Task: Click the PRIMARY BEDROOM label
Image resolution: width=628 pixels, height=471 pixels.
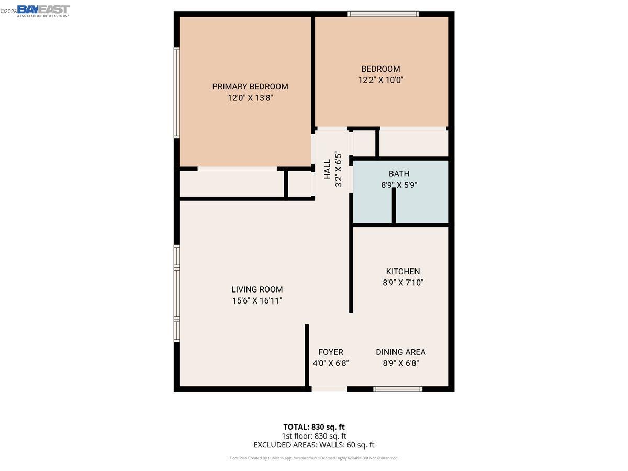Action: click(250, 86)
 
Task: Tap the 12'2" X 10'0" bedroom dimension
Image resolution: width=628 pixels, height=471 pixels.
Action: click(380, 80)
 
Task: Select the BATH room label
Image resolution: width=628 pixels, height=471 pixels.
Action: click(399, 174)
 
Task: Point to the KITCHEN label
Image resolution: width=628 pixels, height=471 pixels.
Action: click(402, 271)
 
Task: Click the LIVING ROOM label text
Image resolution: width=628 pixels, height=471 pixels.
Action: click(257, 289)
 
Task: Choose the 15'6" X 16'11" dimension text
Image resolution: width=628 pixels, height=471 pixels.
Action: click(257, 300)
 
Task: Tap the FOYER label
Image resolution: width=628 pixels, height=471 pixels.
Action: click(330, 352)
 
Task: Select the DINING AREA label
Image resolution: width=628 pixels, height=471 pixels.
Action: click(400, 352)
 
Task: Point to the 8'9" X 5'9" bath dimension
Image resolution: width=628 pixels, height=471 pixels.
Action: click(399, 185)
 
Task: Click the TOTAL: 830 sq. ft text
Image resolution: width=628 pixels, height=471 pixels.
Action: click(313, 427)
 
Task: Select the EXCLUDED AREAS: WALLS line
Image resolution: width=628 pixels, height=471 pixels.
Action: click(313, 445)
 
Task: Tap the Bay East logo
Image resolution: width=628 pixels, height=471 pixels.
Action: click(43, 10)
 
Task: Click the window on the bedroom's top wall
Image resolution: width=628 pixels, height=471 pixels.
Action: click(383, 14)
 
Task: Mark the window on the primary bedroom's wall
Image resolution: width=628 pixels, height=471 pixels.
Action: click(176, 93)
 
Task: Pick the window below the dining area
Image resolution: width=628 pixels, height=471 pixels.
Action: click(397, 389)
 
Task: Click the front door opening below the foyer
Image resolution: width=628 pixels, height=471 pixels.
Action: click(329, 389)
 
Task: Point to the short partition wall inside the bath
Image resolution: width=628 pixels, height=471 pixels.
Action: click(394, 206)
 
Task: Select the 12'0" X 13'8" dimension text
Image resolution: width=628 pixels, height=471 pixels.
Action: click(250, 98)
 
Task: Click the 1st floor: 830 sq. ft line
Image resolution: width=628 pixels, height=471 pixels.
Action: click(313, 435)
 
